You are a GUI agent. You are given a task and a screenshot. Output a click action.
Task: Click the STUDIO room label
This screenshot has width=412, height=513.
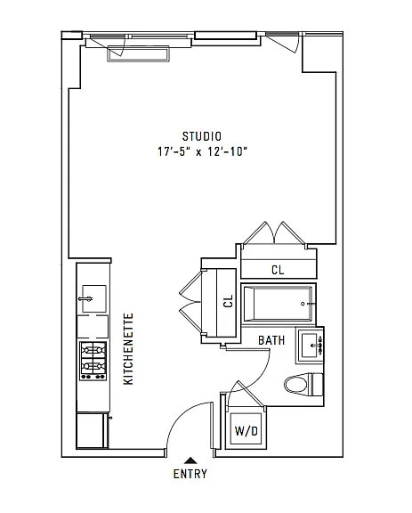201,136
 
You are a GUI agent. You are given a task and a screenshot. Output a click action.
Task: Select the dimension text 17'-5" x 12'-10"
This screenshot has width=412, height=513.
201,152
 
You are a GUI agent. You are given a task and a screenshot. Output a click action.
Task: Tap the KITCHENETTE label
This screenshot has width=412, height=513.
128,348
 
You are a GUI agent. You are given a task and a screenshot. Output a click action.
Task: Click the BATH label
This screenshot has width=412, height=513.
271,340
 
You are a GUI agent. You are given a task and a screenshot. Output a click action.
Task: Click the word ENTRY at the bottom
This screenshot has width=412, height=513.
190,474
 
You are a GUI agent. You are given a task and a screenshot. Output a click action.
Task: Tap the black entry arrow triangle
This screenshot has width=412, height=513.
190,459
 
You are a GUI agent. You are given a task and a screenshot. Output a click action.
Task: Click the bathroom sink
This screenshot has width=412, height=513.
311,344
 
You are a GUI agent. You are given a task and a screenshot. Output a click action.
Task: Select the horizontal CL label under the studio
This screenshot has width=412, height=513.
278,269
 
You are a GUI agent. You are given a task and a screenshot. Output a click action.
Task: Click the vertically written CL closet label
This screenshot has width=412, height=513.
227,302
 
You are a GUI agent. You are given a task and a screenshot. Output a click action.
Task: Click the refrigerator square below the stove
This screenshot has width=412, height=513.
93,431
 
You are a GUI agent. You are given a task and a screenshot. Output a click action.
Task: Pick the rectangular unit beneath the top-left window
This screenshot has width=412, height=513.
137,54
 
